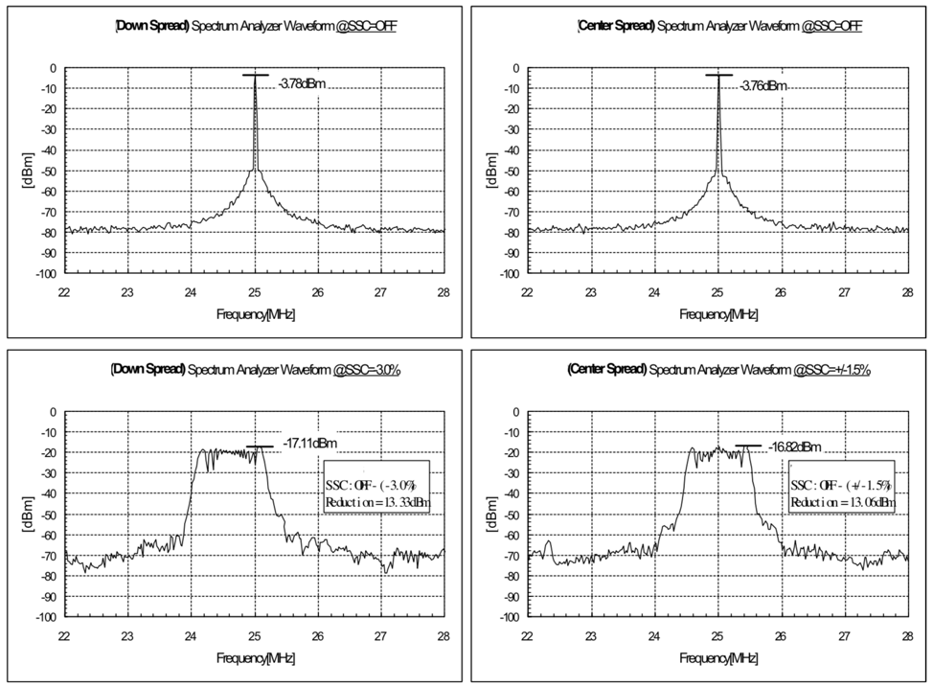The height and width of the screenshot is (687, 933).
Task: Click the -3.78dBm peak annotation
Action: pos(302,84)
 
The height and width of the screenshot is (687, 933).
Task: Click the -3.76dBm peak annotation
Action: pos(763,85)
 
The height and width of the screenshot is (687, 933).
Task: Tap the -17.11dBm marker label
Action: pos(310,443)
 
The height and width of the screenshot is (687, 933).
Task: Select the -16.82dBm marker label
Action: pos(795,447)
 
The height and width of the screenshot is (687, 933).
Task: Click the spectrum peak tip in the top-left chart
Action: pos(255,76)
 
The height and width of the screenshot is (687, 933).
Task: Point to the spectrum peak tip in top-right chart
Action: pos(718,76)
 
